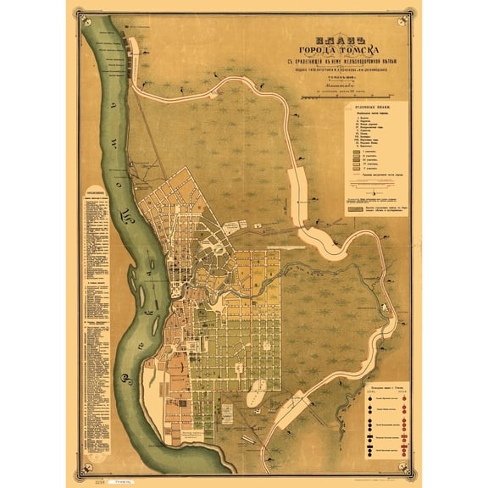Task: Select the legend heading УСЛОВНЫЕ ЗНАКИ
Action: coord(373,108)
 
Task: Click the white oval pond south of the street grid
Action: coord(255,395)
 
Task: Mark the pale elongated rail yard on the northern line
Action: coord(298,183)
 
